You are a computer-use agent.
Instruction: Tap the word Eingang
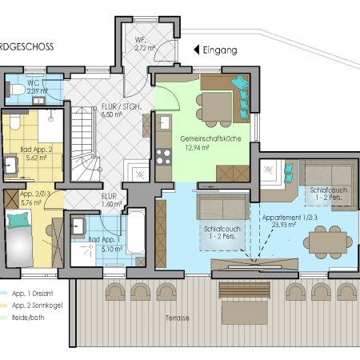coord(222,50)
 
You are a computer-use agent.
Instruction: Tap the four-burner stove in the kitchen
coord(165,153)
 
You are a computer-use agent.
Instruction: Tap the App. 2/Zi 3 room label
coord(35,198)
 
